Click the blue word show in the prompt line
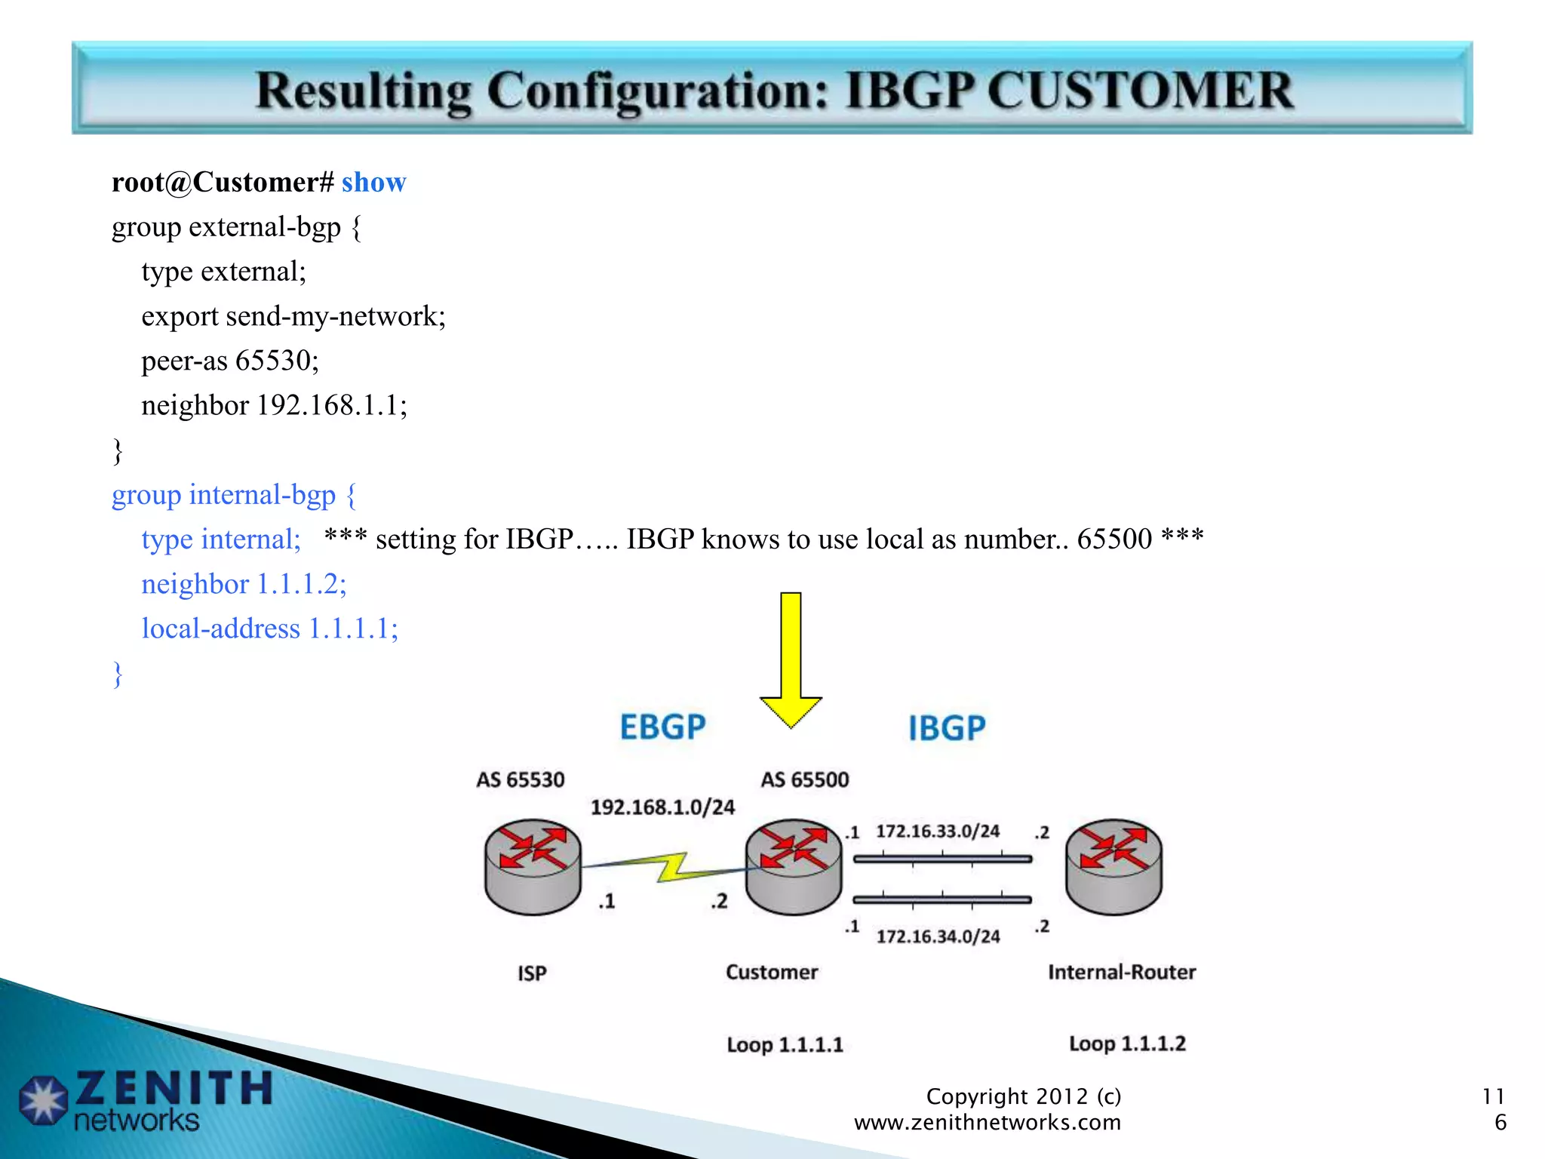373,183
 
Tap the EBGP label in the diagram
662,727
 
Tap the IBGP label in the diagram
947,728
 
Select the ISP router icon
533,867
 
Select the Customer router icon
794,867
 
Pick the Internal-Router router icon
1113,867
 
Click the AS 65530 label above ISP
520,779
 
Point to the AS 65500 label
804,779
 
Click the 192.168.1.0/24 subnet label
662,807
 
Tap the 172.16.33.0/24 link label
938,832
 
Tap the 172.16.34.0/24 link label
938,936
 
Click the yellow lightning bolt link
671,868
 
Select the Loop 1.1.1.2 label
1127,1044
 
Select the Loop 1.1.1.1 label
785,1045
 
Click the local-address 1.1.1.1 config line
269,629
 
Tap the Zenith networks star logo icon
43,1100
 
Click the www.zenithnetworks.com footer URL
987,1123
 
